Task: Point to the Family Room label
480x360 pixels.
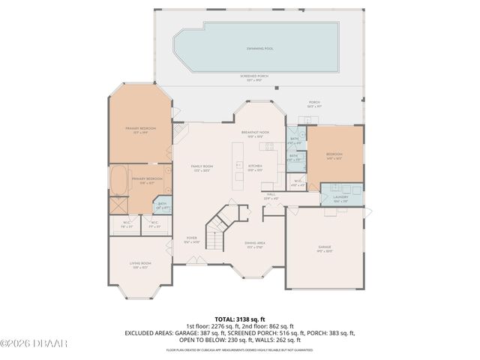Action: click(x=202, y=167)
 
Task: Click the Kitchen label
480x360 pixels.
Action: click(x=255, y=166)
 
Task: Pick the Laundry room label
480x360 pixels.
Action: click(x=340, y=199)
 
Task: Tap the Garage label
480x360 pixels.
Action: click(x=324, y=247)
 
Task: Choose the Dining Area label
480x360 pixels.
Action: click(x=255, y=244)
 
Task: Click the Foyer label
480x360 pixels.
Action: click(x=191, y=239)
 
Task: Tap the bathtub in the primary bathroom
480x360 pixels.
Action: click(x=118, y=181)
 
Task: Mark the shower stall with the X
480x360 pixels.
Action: click(x=118, y=205)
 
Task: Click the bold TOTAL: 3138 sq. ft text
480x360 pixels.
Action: click(x=240, y=319)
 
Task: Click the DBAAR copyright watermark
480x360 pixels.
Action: click(x=24, y=343)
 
